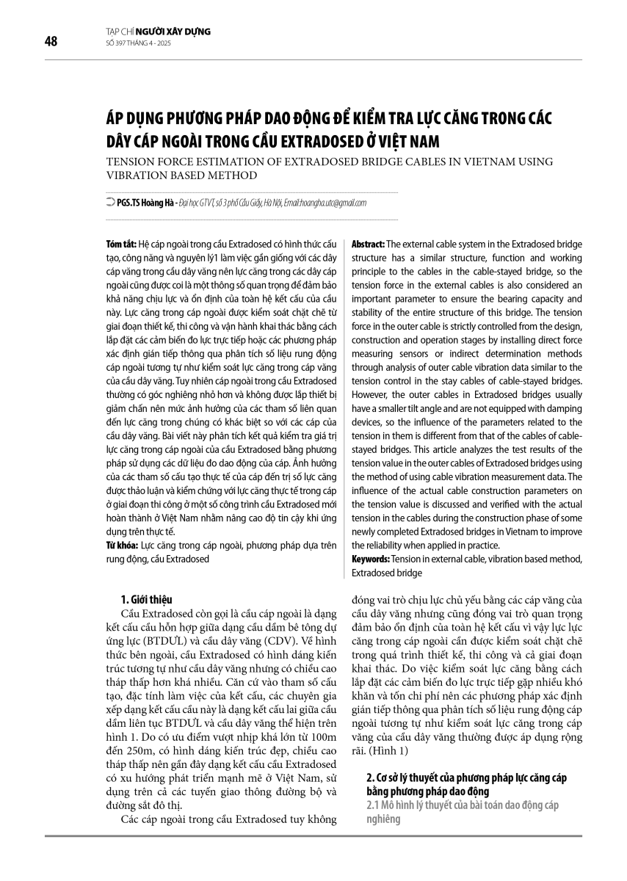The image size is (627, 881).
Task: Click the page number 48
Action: point(51,41)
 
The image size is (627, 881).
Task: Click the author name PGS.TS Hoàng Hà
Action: point(145,203)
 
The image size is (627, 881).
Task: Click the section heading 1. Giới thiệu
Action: point(145,598)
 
